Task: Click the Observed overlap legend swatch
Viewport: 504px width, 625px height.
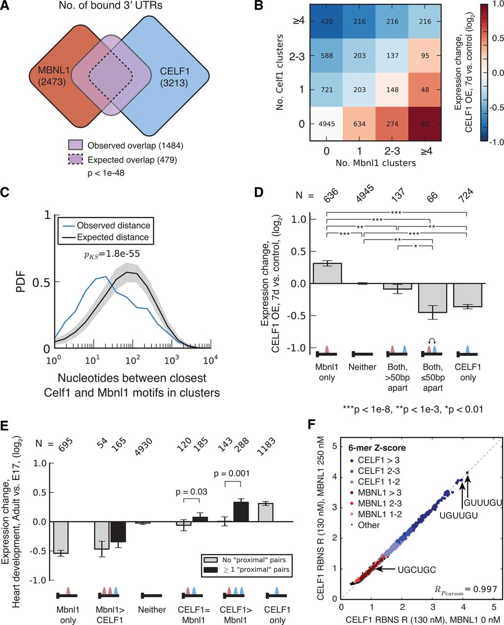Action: (75, 146)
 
